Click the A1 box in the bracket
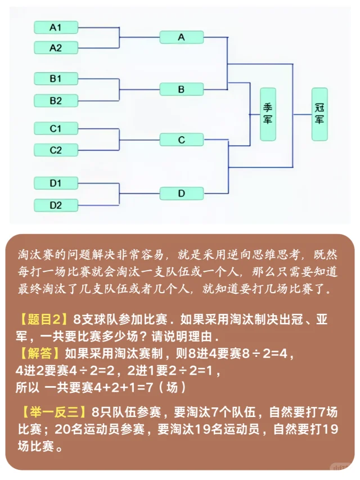56,27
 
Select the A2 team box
56,47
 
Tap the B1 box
56,78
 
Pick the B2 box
56,101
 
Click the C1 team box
56,128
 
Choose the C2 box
56,150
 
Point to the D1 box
56,183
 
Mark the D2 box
56,204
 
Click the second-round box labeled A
181,37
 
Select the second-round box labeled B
181,89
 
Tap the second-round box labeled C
181,140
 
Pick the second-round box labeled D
181,194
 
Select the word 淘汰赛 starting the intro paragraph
37,255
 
